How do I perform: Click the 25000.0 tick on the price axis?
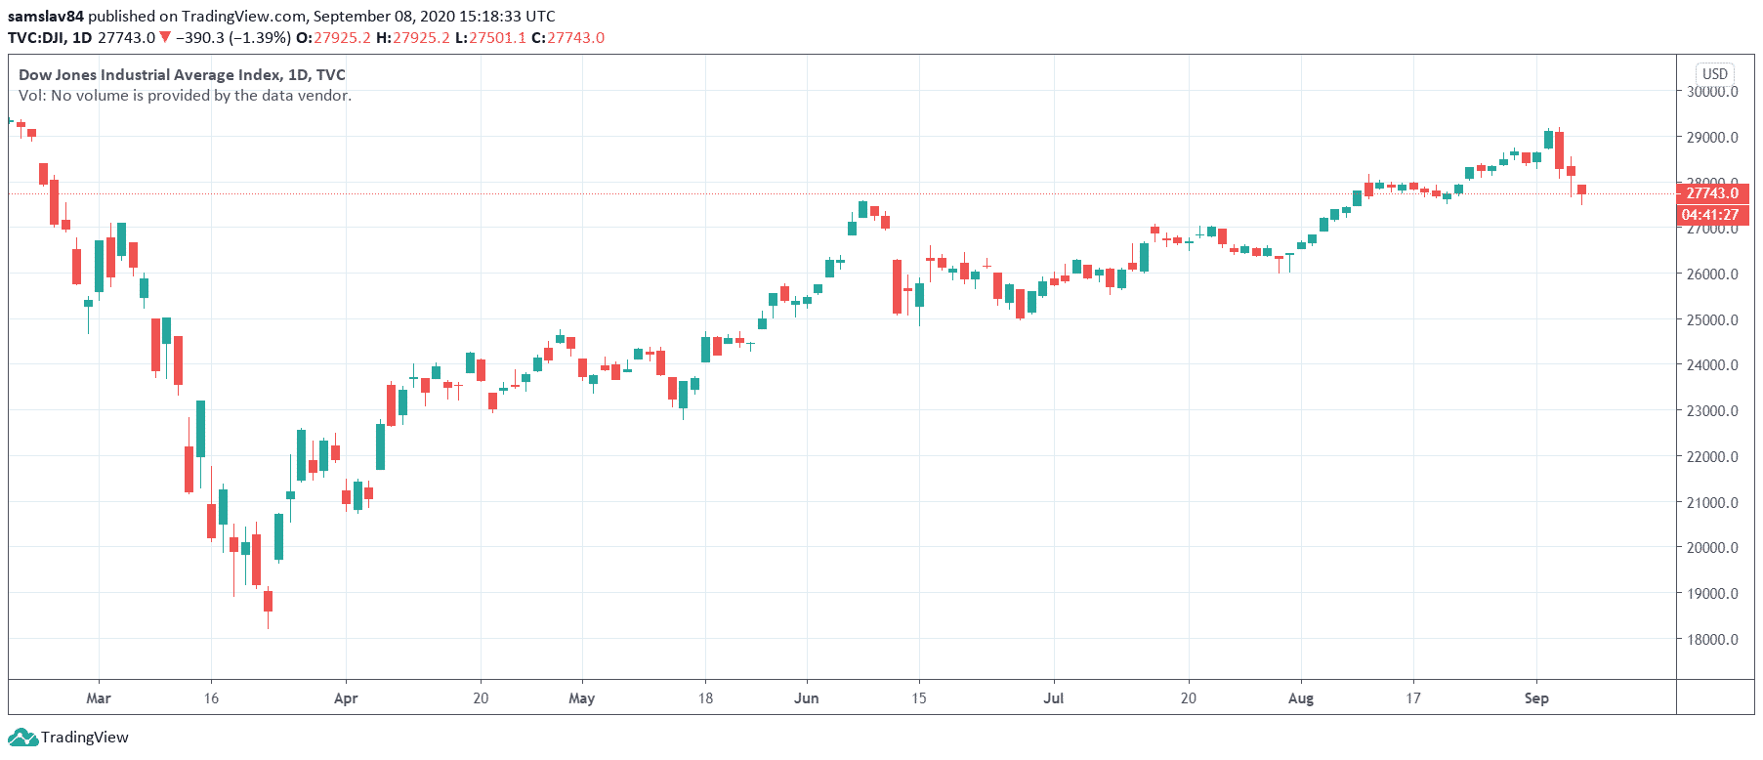[1712, 319]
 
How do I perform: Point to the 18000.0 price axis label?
[1712, 640]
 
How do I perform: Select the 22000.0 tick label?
[1712, 457]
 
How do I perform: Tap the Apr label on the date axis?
[346, 698]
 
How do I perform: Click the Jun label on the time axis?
[806, 698]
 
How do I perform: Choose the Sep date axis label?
[1536, 698]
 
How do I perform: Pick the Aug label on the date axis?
[1301, 698]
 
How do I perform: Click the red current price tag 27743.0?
[1712, 193]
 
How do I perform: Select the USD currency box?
[1715, 74]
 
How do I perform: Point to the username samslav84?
[46, 16]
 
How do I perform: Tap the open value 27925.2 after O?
[342, 38]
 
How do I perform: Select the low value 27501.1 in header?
[497, 38]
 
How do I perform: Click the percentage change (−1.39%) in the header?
[260, 38]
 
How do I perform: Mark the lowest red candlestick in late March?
[268, 601]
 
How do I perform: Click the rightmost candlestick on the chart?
[1581, 190]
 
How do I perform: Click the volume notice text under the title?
[185, 96]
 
